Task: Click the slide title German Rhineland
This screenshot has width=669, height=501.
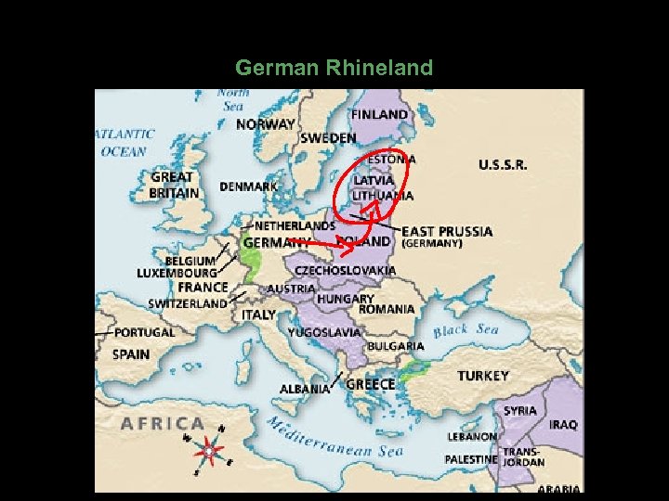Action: [334, 68]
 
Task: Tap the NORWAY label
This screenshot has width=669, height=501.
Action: [266, 123]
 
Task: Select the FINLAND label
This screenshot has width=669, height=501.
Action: [379, 114]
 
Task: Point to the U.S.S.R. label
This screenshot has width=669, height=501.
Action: [503, 164]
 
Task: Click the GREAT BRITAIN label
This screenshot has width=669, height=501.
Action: [173, 185]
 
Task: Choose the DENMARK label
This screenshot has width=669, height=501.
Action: [248, 186]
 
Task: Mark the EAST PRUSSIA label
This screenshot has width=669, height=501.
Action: [447, 231]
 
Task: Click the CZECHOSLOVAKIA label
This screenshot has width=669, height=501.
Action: [345, 270]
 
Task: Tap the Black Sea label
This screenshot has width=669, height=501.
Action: [466, 330]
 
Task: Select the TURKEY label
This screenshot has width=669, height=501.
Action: [482, 376]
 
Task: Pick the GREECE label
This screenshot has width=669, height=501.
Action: [370, 384]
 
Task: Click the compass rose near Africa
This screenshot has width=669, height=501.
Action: [208, 449]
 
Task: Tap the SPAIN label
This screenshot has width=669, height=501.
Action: [131, 353]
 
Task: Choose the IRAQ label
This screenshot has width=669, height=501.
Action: [562, 424]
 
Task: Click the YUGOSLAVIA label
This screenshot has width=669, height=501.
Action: [324, 331]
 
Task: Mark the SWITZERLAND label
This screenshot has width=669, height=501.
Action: [187, 303]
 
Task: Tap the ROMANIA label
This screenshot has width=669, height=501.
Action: [387, 309]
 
